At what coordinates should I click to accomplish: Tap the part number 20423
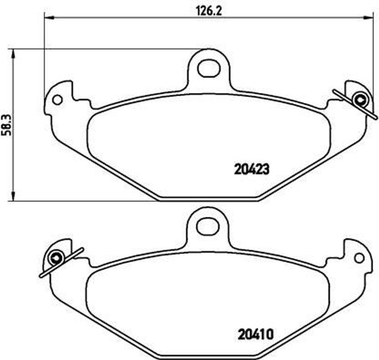pos(251,169)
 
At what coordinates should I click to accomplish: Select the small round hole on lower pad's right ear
pos(359,258)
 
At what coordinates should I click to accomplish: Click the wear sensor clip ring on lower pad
pos(56,258)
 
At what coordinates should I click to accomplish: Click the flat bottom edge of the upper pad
pos(208,199)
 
